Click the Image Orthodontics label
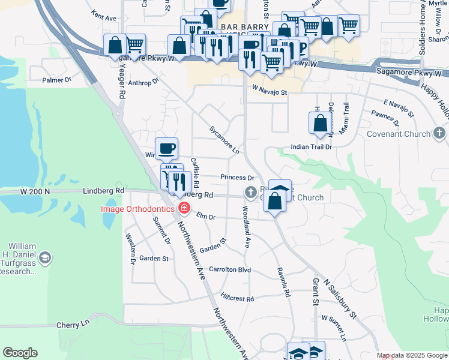click(138, 209)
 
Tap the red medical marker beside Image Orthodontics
click(184, 209)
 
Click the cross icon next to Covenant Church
click(439, 133)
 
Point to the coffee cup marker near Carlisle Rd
click(166, 148)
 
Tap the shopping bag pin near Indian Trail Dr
click(321, 123)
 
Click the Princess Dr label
click(237, 178)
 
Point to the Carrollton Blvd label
click(230, 270)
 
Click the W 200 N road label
click(34, 191)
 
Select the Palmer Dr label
click(56, 80)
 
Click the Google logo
click(20, 353)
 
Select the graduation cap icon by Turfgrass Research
click(44, 258)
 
